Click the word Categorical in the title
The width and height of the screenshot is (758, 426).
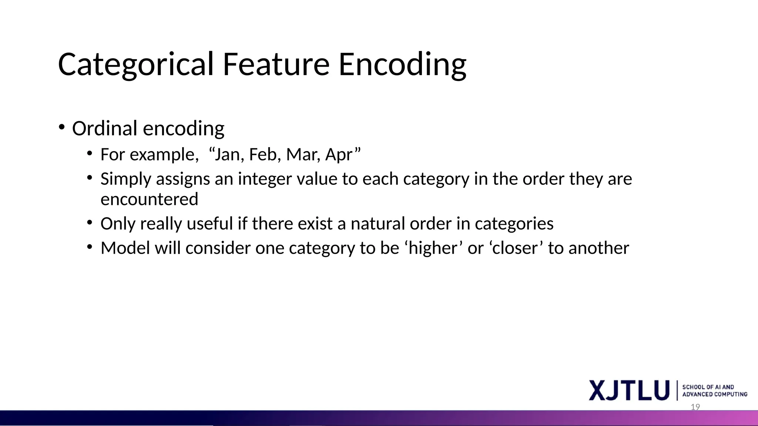[x=136, y=65]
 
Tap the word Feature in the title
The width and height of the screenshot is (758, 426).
[x=276, y=65]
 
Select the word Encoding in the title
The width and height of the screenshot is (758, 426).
[x=402, y=65]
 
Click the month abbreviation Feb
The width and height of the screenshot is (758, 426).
[x=263, y=155]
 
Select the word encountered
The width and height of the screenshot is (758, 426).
[x=149, y=200]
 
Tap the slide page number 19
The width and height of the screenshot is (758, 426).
[x=695, y=407]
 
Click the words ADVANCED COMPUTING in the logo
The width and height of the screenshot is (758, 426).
[x=714, y=395]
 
